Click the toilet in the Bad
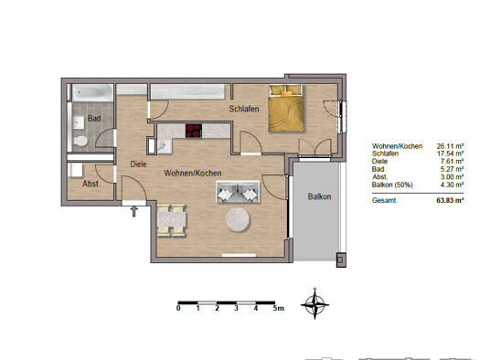[80, 142]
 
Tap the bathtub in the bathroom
[92, 92]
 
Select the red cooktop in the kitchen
[194, 131]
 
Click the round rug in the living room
[238, 219]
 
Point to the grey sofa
[238, 192]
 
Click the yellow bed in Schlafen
[286, 109]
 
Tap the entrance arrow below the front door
[134, 211]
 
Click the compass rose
[315, 304]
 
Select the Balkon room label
[319, 196]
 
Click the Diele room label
[138, 164]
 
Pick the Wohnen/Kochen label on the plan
[193, 173]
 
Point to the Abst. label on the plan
[91, 184]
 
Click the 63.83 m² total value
[450, 200]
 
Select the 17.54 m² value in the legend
[450, 154]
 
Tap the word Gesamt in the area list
[384, 200]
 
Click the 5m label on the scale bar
[279, 308]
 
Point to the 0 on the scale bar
[178, 308]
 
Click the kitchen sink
[165, 146]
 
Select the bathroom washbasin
[79, 122]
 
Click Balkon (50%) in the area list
[392, 185]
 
